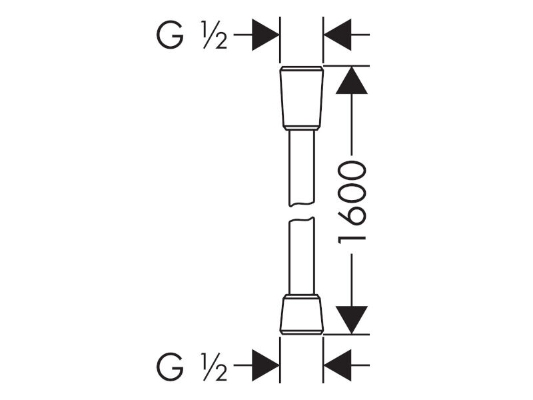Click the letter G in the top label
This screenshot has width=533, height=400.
click(170, 35)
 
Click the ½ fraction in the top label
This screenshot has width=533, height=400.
click(214, 35)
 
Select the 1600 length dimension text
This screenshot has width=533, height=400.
click(352, 203)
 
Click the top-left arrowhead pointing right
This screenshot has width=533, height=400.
click(265, 35)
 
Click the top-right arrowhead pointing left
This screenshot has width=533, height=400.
click(337, 35)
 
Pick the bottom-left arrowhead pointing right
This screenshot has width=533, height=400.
click(265, 365)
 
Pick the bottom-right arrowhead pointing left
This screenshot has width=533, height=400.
click(337, 365)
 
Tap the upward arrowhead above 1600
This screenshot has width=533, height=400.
click(352, 80)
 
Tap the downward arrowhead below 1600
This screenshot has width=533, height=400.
click(352, 320)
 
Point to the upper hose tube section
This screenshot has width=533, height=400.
click(302, 169)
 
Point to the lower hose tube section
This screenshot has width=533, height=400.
click(302, 256)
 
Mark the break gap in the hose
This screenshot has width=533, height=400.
click(302, 212)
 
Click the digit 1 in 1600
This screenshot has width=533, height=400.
click(352, 238)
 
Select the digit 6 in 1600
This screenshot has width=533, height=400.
click(352, 216)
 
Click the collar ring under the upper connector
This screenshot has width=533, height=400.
click(302, 128)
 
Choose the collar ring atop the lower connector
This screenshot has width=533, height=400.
click(302, 297)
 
